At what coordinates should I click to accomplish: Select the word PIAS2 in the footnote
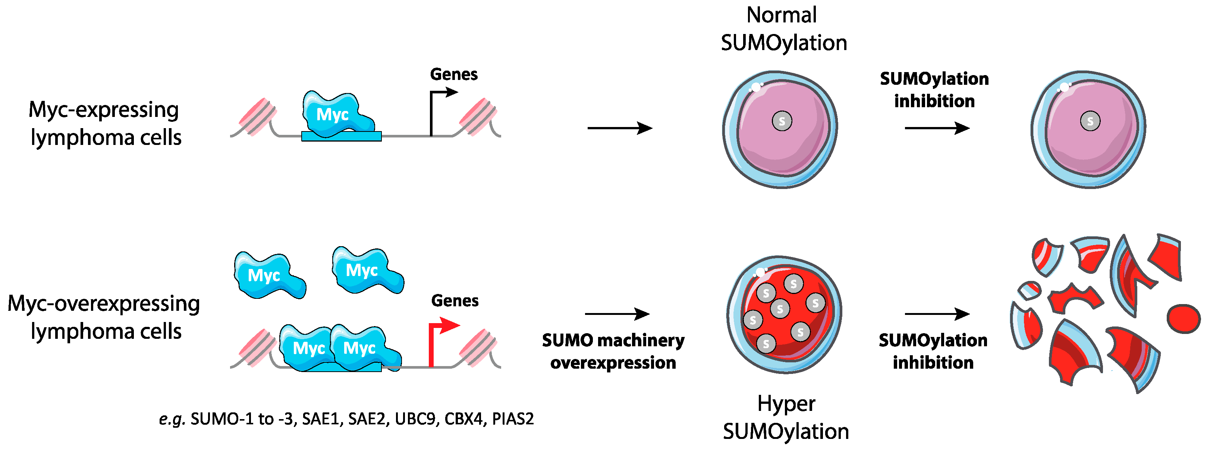click(513, 418)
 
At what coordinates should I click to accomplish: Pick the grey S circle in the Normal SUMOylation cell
click(782, 121)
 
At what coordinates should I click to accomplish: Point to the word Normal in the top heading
click(781, 15)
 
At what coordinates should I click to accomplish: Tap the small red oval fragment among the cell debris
click(1183, 318)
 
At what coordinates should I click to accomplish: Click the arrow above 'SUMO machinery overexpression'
click(617, 313)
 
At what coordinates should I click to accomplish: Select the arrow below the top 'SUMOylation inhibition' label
click(936, 128)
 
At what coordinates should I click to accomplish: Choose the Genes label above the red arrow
click(455, 300)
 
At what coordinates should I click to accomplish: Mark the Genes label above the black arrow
click(453, 74)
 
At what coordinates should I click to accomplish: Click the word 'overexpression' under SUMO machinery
click(613, 362)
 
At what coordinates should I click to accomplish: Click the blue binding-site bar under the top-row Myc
click(341, 136)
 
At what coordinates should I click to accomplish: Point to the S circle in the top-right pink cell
click(1090, 121)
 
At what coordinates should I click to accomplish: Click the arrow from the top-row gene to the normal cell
click(619, 128)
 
